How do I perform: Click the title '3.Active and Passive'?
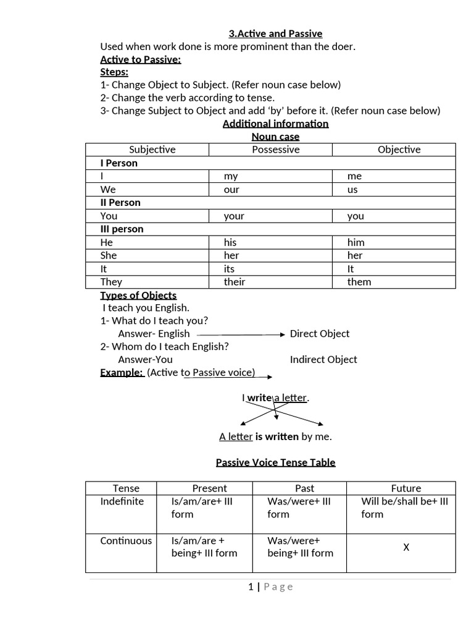tap(275, 33)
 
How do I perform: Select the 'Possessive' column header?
tap(275, 150)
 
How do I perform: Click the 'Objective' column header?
tap(399, 150)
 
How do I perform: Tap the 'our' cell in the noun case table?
tap(231, 190)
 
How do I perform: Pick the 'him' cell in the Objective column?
tap(356, 242)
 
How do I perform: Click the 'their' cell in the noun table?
tap(235, 282)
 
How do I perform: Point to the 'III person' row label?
tap(122, 229)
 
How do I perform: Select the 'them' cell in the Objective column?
tap(359, 282)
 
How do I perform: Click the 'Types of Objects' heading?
tap(138, 295)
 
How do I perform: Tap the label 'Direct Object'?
tap(320, 334)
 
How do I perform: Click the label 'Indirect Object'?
tap(323, 360)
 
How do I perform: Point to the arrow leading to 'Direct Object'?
tap(241, 334)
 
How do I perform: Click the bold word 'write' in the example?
tap(260, 398)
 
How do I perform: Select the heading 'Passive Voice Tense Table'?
tap(275, 462)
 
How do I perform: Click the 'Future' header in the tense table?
tap(405, 488)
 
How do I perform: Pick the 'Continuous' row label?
tap(126, 541)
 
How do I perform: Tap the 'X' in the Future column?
tap(406, 547)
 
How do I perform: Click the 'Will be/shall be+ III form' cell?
tap(404, 508)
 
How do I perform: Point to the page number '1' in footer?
tap(250, 587)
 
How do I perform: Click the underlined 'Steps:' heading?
tap(114, 72)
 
